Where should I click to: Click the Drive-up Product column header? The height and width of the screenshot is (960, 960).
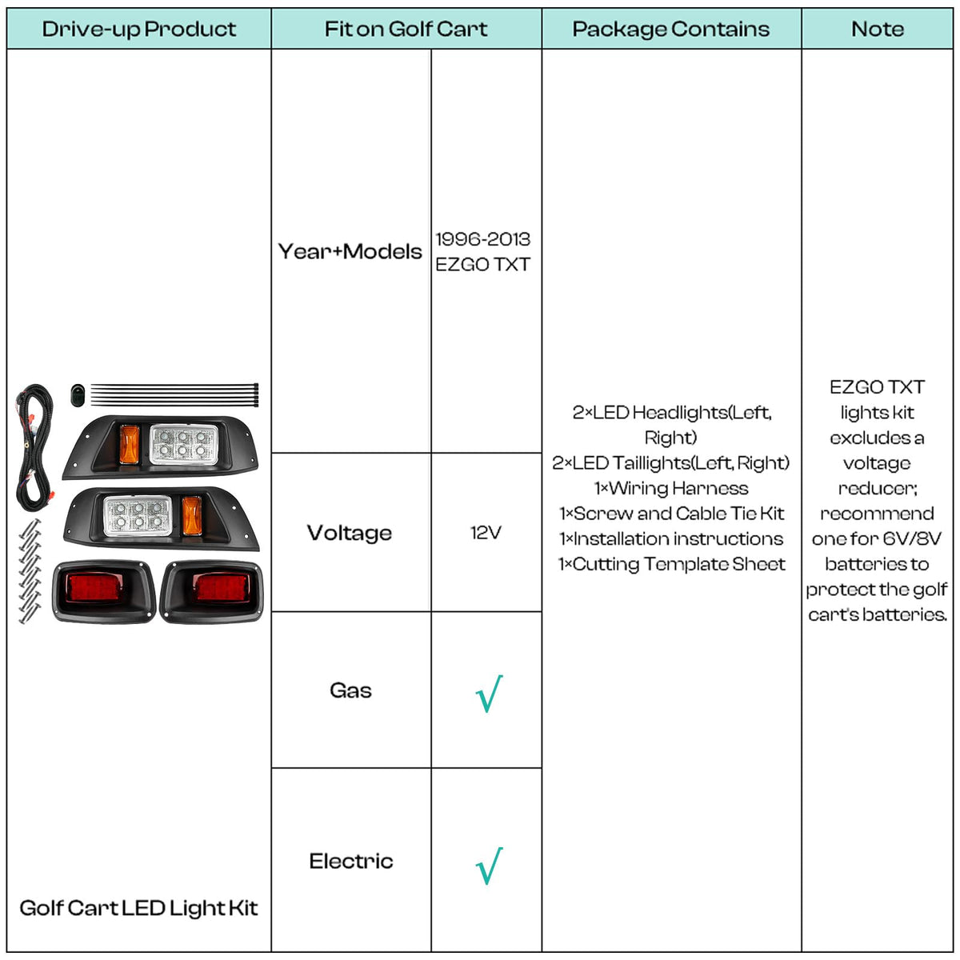(139, 29)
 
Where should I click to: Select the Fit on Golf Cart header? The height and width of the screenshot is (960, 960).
(406, 29)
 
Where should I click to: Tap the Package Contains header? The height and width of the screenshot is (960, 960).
(671, 29)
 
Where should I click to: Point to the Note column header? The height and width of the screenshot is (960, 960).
(878, 29)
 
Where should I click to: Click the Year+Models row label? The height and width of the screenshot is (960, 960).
(350, 251)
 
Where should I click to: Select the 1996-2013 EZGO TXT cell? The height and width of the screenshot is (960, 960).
(482, 251)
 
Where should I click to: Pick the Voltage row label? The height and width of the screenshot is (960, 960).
(350, 533)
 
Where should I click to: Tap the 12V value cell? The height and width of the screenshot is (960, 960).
(486, 533)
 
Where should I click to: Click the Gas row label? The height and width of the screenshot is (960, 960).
(350, 690)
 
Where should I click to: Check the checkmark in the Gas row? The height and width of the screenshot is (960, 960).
(490, 694)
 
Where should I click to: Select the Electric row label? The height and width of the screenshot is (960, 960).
(350, 861)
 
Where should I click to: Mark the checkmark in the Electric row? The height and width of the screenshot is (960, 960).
(490, 866)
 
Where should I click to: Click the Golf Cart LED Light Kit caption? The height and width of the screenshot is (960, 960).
(138, 908)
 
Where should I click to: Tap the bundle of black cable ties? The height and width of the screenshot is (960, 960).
(174, 394)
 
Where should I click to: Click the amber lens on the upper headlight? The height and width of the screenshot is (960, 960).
(130, 444)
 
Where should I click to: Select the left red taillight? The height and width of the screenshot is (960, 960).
(104, 592)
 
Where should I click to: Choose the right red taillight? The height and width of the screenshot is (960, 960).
(212, 592)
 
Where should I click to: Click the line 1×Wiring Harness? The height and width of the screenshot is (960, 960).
(671, 488)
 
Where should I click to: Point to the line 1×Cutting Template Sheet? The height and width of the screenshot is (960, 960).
(671, 564)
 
